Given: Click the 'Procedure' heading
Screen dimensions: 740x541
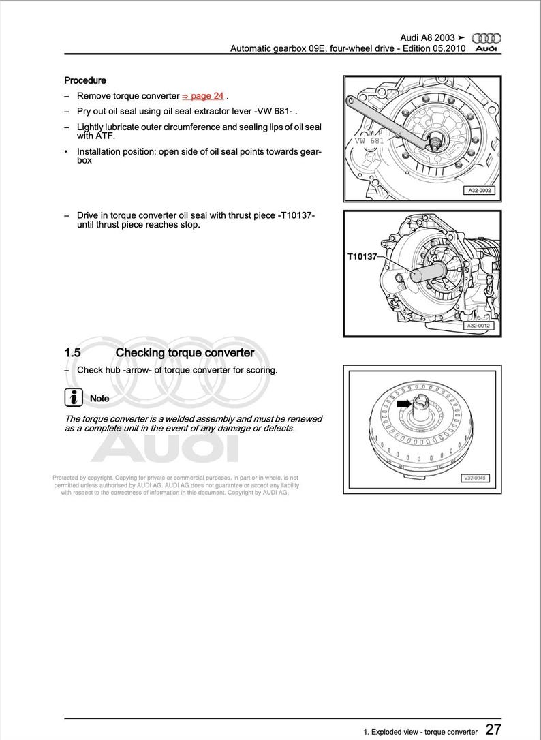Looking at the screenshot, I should point(85,80).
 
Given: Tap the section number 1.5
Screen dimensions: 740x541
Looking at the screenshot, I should point(73,353).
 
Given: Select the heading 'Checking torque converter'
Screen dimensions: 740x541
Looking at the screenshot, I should point(185,353).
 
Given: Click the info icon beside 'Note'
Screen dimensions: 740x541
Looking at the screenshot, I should point(73,397).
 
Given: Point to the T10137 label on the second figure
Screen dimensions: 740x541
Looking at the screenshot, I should point(362,257).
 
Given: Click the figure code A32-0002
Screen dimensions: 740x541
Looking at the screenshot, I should point(479,191).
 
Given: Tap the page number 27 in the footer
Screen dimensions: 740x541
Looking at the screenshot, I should point(493,730).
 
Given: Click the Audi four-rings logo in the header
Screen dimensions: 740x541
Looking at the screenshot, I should point(486,38).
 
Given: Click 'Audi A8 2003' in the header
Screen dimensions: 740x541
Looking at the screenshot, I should point(427,38).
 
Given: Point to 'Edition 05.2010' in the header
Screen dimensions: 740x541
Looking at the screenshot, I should point(431,49).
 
